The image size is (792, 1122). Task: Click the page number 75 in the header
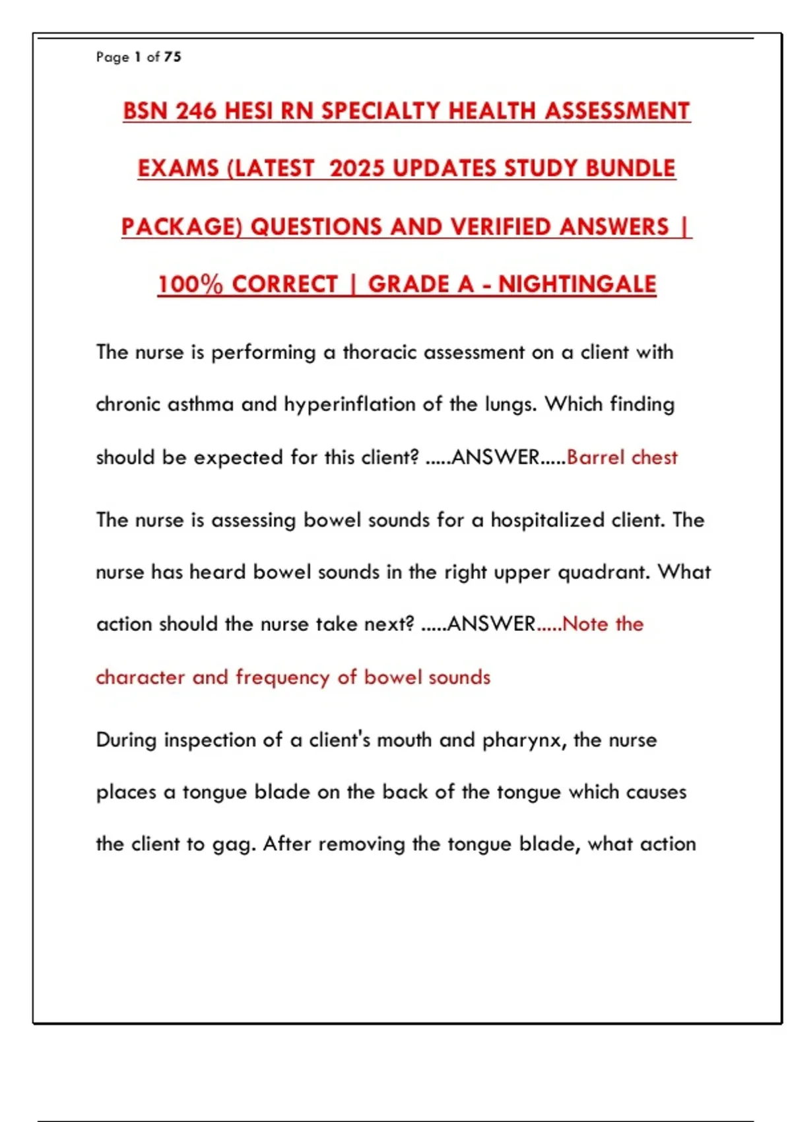(172, 57)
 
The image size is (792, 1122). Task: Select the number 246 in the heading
(196, 111)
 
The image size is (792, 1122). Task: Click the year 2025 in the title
(356, 168)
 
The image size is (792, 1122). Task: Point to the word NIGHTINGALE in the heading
(577, 284)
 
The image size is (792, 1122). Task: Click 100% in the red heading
(190, 284)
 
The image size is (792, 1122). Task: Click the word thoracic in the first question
(379, 352)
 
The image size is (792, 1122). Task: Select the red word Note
(585, 624)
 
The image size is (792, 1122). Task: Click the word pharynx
(524, 741)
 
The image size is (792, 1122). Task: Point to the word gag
(232, 845)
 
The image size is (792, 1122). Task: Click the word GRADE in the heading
(420, 284)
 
